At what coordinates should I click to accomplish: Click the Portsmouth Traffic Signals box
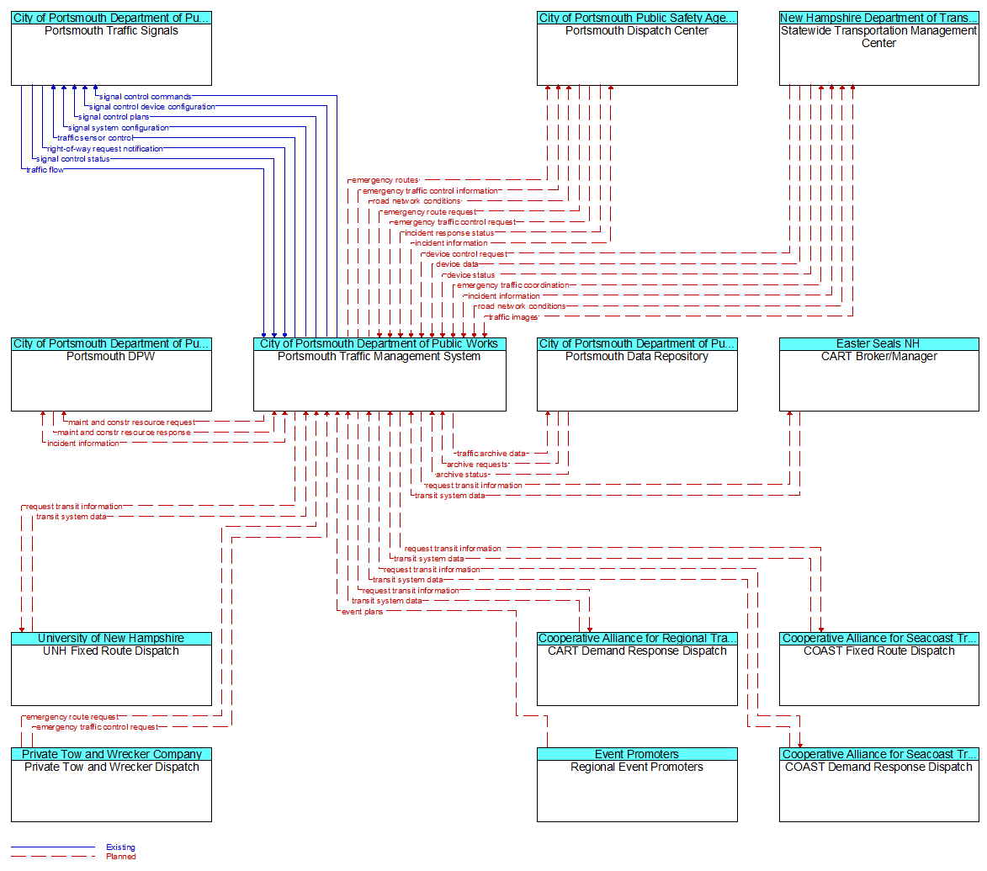(111, 49)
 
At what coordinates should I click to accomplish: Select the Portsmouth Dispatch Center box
(637, 49)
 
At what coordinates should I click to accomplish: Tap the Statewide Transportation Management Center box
(878, 49)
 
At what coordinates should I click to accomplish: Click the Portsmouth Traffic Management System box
(379, 374)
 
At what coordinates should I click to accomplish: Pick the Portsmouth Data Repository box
(637, 374)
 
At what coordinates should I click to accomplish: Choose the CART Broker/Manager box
(878, 374)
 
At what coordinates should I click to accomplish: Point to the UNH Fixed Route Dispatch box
(111, 669)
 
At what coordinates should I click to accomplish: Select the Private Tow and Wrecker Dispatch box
(111, 785)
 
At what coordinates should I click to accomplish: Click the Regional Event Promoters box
(637, 785)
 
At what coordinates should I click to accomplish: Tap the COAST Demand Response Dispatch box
(878, 785)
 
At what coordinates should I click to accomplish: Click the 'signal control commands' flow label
(145, 97)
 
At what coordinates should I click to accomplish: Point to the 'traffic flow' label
(45, 170)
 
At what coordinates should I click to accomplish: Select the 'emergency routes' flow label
(385, 181)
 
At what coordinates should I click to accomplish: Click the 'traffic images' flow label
(513, 317)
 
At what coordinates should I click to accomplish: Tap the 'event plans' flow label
(362, 612)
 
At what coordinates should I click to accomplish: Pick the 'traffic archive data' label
(491, 454)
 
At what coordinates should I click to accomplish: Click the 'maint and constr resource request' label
(131, 423)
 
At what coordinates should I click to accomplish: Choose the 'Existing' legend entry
(120, 847)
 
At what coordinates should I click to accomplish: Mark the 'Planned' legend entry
(121, 857)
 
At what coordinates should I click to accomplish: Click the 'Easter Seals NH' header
(878, 343)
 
